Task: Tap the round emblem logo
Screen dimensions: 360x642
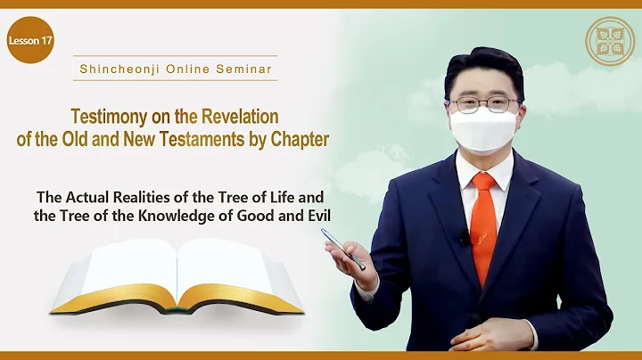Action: [x=609, y=41]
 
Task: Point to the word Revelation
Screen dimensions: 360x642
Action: [x=238, y=117]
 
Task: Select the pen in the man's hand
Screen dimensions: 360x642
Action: [x=343, y=250]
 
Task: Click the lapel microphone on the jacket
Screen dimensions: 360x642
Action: [x=463, y=239]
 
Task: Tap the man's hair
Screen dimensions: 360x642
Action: [x=481, y=64]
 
